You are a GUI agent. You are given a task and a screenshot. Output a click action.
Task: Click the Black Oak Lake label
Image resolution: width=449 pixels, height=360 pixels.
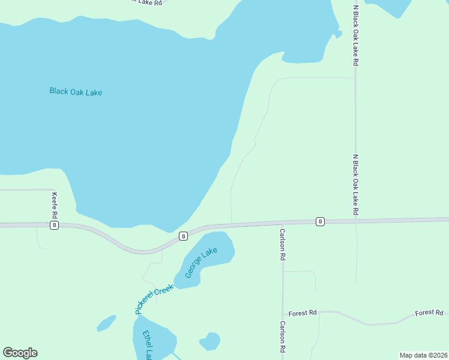click(x=76, y=92)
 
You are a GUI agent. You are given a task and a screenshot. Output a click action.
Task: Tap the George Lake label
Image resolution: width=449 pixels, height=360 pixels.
click(x=200, y=263)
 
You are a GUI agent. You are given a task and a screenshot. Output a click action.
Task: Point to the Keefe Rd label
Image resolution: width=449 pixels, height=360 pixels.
click(x=55, y=206)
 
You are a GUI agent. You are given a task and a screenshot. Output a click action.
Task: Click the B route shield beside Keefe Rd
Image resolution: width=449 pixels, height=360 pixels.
click(x=55, y=225)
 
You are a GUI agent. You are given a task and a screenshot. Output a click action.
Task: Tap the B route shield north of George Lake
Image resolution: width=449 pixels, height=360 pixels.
click(x=183, y=236)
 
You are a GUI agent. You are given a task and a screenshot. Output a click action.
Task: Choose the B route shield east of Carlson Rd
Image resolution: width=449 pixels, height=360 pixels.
click(x=320, y=221)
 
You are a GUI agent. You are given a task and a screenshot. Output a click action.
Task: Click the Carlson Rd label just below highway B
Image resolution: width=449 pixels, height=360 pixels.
click(x=281, y=244)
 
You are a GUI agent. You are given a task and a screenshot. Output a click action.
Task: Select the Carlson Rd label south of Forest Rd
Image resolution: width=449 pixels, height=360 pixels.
click(x=281, y=335)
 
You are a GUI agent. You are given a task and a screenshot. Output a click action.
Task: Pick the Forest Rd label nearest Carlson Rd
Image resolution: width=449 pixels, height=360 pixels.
click(x=302, y=313)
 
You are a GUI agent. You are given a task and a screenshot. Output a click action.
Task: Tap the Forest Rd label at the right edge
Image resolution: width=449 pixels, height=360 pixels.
click(x=429, y=313)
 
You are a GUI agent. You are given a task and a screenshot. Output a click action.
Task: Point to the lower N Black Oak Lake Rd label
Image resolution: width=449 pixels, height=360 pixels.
click(x=355, y=184)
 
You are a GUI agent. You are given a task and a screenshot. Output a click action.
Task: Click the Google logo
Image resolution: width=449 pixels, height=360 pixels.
click(x=20, y=353)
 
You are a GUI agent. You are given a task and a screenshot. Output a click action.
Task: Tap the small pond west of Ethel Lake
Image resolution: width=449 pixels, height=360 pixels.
click(x=106, y=323)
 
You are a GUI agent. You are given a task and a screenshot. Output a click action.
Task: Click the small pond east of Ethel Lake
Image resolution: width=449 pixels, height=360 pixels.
click(x=209, y=341)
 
